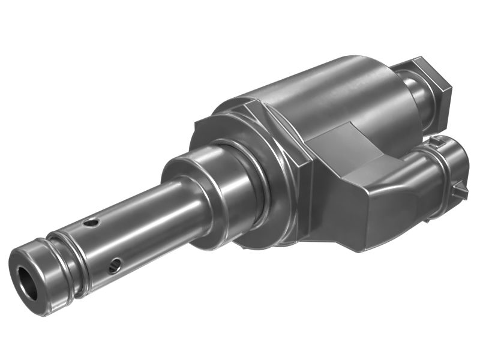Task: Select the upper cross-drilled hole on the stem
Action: pyautogui.click(x=91, y=223)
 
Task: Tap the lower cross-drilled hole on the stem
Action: pyautogui.click(x=114, y=265)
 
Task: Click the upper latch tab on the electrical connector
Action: pyautogui.click(x=441, y=141)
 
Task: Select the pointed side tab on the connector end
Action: pyautogui.click(x=462, y=190)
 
